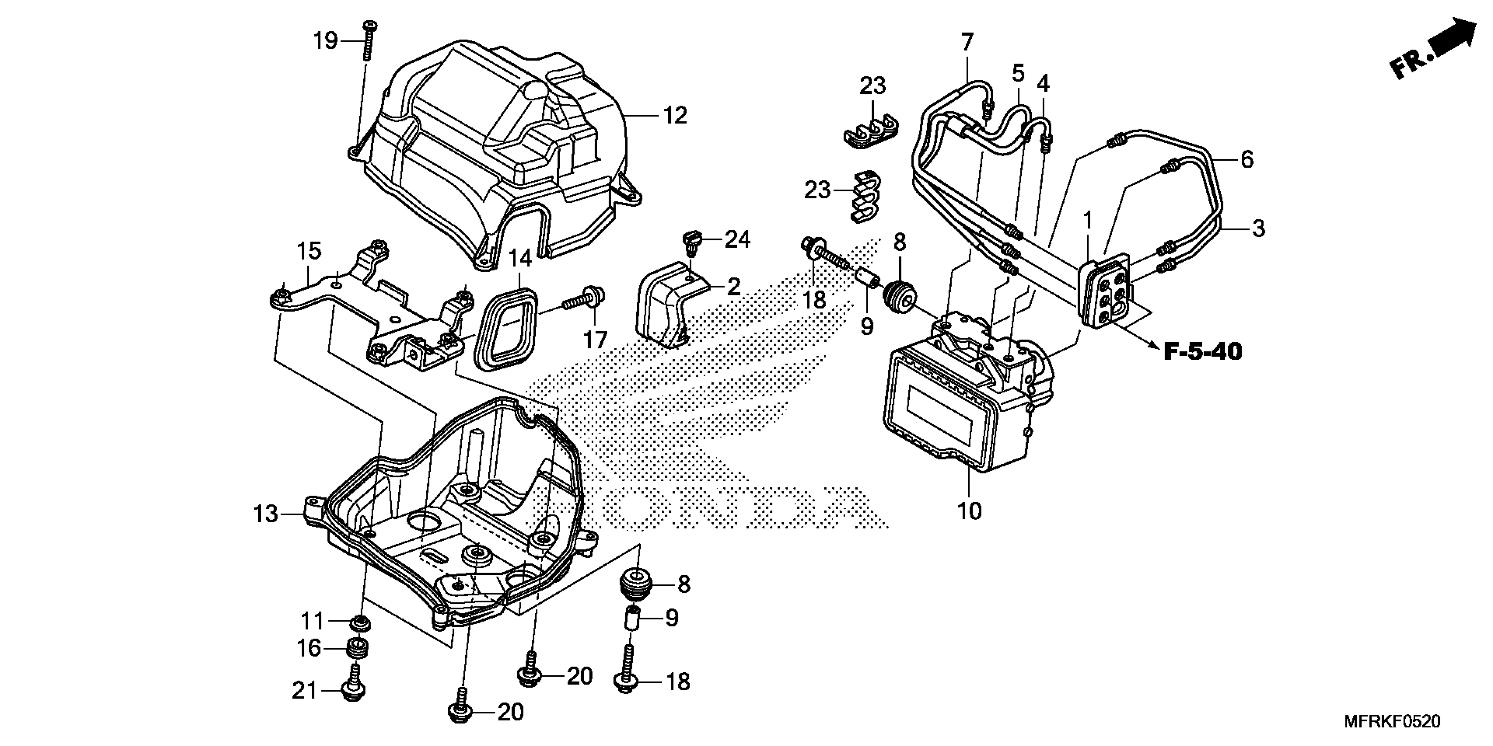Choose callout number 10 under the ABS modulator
[969, 511]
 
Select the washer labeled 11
[361, 623]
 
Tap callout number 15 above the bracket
[308, 251]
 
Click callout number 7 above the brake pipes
[967, 42]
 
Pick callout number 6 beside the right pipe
[1247, 159]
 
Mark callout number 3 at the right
[1257, 228]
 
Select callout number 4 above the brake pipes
[1042, 84]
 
